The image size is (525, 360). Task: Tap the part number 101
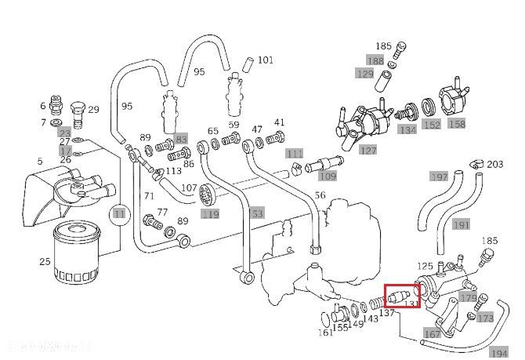[266, 60]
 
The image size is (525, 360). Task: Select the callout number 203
[494, 165]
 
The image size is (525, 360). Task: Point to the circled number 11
[118, 213]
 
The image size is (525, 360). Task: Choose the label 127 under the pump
[368, 149]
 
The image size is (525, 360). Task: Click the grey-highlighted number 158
[457, 124]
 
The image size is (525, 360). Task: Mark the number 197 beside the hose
[440, 176]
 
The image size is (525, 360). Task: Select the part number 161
[325, 333]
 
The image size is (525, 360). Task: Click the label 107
[188, 188]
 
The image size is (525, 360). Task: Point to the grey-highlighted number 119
[210, 214]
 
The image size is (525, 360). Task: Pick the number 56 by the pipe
[319, 195]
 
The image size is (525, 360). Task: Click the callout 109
[328, 176]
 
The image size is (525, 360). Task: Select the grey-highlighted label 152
[431, 124]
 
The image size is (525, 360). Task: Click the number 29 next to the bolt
[92, 110]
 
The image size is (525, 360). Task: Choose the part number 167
[432, 334]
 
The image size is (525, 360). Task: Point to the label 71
[149, 196]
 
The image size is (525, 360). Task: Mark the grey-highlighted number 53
[256, 214]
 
